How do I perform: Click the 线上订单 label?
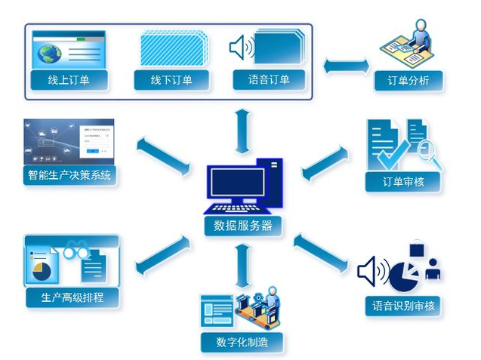68,79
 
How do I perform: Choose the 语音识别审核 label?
403,306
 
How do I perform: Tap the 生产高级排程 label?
72,297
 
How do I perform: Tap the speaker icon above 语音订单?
240,48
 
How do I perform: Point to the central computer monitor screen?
238,182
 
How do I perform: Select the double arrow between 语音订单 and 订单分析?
343,66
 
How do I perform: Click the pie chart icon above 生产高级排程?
42,269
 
